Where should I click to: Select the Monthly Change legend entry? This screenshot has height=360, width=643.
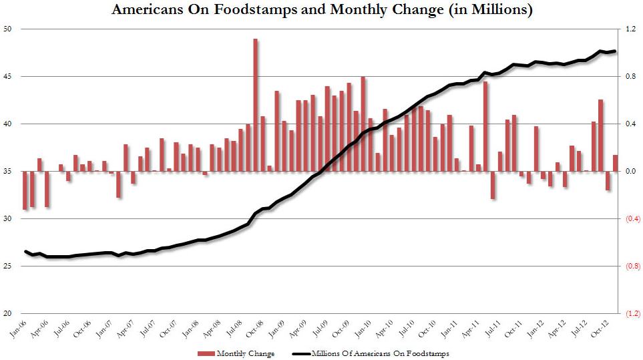237,353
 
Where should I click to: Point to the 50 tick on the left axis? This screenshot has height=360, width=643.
8,29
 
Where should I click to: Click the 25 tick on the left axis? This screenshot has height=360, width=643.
8,266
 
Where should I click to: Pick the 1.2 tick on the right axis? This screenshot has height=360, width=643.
630,29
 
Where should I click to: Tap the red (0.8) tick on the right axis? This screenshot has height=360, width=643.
631,266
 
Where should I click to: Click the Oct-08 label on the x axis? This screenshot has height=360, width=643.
254,328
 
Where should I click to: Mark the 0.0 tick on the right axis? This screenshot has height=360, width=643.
630,172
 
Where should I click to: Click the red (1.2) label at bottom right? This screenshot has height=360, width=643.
631,314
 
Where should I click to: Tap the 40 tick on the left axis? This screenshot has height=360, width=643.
8,124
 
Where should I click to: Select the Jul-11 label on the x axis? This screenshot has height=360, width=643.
492,328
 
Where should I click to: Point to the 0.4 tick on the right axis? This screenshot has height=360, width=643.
630,124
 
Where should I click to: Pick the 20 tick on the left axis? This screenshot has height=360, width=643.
8,314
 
